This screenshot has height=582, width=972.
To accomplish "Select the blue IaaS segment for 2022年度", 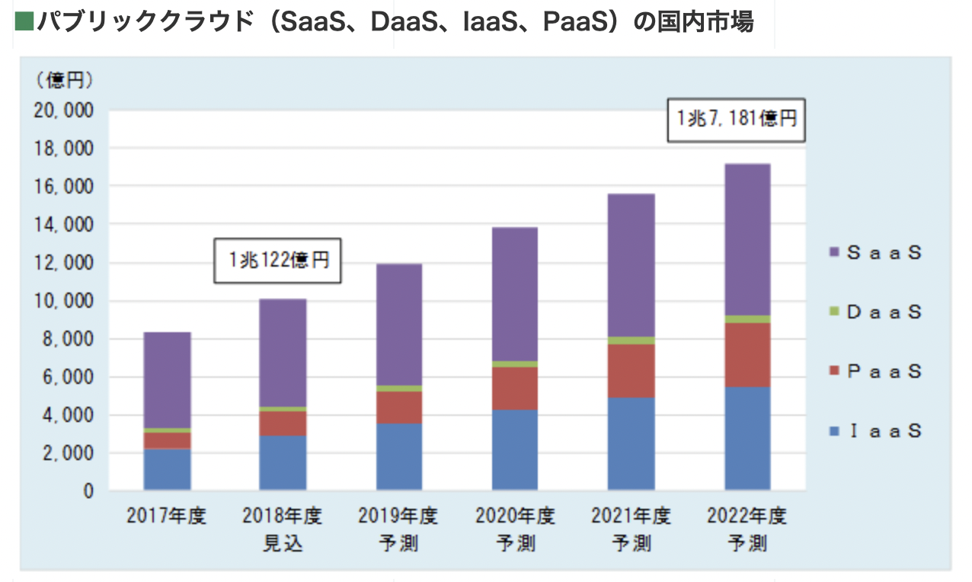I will click(x=747, y=438).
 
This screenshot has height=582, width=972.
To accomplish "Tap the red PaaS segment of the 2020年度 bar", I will click(x=514, y=389).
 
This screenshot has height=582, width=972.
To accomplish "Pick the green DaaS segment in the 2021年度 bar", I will click(x=631, y=341).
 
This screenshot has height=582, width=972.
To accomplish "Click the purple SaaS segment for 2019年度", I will click(x=398, y=325).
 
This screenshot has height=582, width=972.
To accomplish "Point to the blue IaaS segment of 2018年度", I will click(x=283, y=462).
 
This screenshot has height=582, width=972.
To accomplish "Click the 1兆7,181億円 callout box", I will click(x=737, y=119).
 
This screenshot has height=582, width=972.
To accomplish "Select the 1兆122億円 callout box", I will click(x=277, y=261).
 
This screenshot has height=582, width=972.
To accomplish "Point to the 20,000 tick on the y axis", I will click(x=64, y=111).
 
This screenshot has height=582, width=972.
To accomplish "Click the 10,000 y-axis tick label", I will click(x=64, y=302).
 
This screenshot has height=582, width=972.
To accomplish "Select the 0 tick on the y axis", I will click(x=88, y=492).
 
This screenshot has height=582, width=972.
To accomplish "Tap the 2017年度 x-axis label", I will click(x=167, y=516).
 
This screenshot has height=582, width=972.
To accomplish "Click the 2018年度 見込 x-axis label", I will click(x=283, y=529).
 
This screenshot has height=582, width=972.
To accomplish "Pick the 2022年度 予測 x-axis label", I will click(x=747, y=529).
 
